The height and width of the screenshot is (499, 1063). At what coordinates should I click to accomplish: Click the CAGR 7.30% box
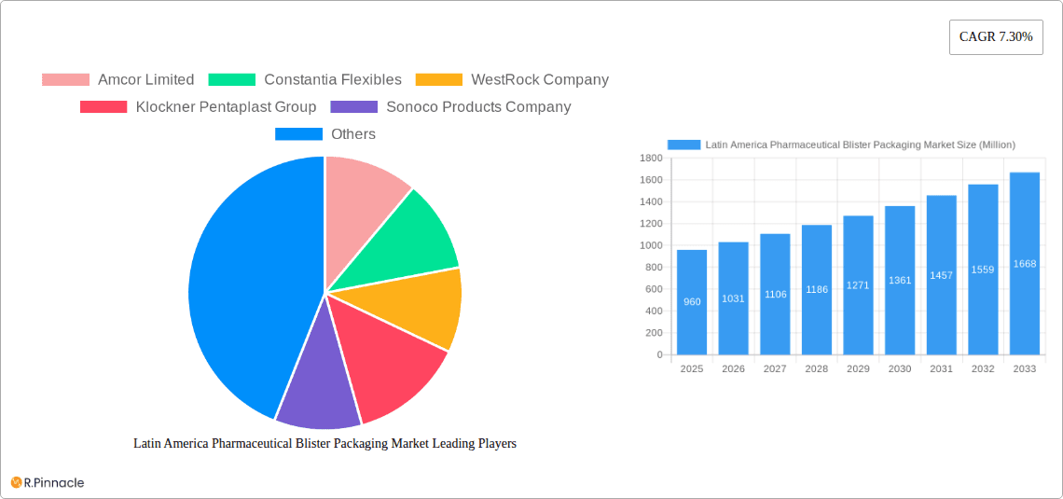click(x=996, y=37)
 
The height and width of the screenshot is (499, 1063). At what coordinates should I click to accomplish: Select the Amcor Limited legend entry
click(x=118, y=80)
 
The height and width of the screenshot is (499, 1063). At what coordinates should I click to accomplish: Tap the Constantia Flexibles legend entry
click(x=305, y=80)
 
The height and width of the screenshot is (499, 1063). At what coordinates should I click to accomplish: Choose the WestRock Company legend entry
click(x=512, y=80)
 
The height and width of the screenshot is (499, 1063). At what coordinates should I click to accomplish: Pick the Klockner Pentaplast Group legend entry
click(x=199, y=107)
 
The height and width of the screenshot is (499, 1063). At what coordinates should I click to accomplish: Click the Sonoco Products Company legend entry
click(x=451, y=107)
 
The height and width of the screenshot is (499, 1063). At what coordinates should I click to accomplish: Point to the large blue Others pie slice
click(x=242, y=289)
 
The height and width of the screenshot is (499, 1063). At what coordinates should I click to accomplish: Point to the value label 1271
click(x=858, y=285)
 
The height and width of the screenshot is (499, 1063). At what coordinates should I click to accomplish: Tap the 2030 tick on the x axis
click(x=900, y=369)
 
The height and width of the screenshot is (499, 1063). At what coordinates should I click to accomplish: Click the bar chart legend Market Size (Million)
click(x=841, y=145)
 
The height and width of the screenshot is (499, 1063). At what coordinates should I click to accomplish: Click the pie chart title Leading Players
click(x=324, y=444)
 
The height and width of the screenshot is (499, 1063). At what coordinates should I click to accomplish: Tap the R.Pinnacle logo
click(x=48, y=482)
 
